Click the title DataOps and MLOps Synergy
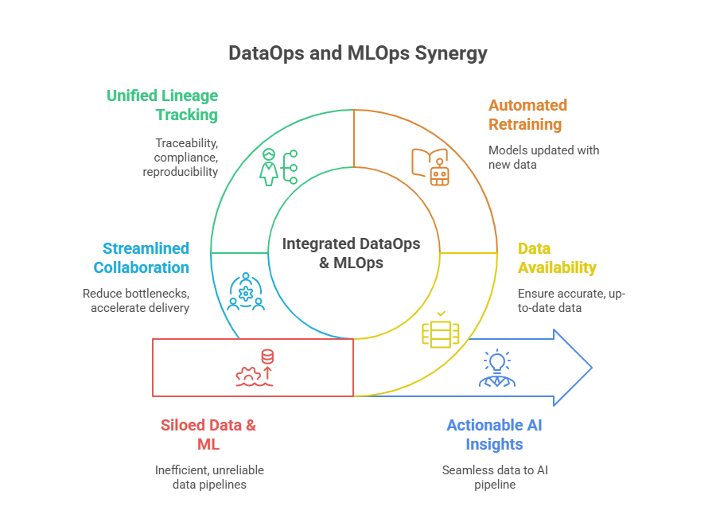(357, 54)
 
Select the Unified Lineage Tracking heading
(162, 105)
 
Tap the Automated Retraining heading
(527, 115)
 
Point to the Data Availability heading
(557, 258)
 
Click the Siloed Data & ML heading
(208, 435)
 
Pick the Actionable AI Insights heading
(494, 435)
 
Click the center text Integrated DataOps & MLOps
(351, 252)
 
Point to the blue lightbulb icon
(496, 368)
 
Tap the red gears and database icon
(256, 368)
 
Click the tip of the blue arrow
(591, 368)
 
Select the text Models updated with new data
(543, 157)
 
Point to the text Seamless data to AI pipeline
(495, 477)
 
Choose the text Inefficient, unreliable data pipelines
(209, 477)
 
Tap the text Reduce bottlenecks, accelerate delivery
(136, 300)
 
